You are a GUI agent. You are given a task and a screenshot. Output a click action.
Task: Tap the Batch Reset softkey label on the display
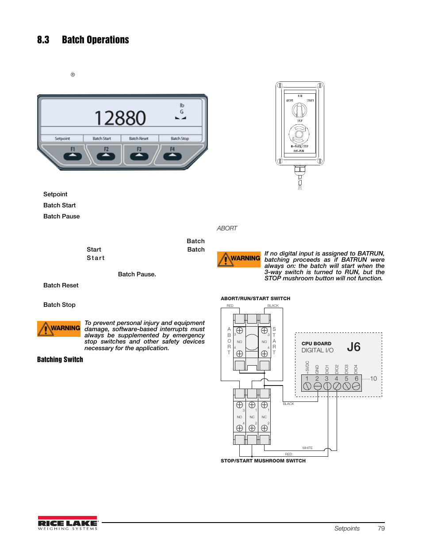click(138, 138)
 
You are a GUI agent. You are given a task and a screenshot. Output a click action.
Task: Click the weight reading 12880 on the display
click(120, 118)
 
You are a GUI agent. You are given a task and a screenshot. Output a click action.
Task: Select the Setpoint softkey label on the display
click(62, 138)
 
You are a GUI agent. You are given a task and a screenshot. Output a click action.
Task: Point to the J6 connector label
click(353, 347)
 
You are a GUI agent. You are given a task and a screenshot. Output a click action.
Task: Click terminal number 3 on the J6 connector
click(326, 379)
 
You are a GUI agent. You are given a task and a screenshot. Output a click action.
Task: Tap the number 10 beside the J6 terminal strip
click(373, 379)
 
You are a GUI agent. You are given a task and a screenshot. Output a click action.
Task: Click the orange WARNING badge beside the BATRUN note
click(238, 259)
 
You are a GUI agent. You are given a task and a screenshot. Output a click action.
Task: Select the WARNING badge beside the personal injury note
click(59, 328)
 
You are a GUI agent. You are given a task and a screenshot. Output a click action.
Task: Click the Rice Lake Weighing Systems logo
click(67, 523)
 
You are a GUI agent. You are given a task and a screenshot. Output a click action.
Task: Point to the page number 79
click(381, 528)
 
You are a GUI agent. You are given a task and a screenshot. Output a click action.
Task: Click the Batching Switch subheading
click(60, 359)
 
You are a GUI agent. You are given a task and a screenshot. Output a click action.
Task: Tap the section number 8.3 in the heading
click(43, 40)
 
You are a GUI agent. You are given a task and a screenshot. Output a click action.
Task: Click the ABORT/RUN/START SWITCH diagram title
click(255, 298)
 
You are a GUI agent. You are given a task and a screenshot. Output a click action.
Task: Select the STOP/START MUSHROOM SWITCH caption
click(263, 461)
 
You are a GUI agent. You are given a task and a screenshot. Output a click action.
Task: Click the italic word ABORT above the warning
click(227, 228)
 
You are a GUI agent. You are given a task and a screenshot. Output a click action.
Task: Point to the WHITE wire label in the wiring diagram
click(307, 448)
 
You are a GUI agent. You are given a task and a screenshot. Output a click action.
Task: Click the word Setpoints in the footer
click(347, 528)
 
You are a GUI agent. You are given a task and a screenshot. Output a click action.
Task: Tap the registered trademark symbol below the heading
click(73, 75)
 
